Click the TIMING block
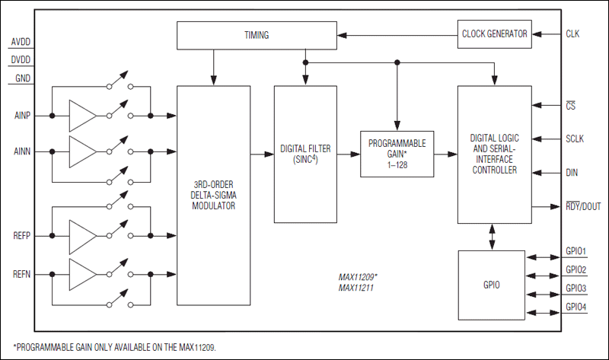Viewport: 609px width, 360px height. coord(256,34)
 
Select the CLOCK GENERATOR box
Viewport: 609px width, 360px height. coord(494,33)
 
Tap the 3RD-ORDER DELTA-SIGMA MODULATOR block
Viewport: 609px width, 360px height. coord(213,196)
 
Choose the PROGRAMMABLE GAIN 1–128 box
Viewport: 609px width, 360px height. coord(397,154)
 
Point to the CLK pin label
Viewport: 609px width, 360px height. coord(573,33)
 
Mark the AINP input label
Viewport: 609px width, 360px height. coord(22,116)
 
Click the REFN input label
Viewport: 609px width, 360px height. coord(22,274)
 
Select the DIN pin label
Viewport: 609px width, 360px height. coord(572,173)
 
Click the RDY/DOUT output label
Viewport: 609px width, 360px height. coord(583,206)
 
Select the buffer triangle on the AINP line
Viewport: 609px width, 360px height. coord(83,116)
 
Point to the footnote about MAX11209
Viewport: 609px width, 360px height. coord(115,346)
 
